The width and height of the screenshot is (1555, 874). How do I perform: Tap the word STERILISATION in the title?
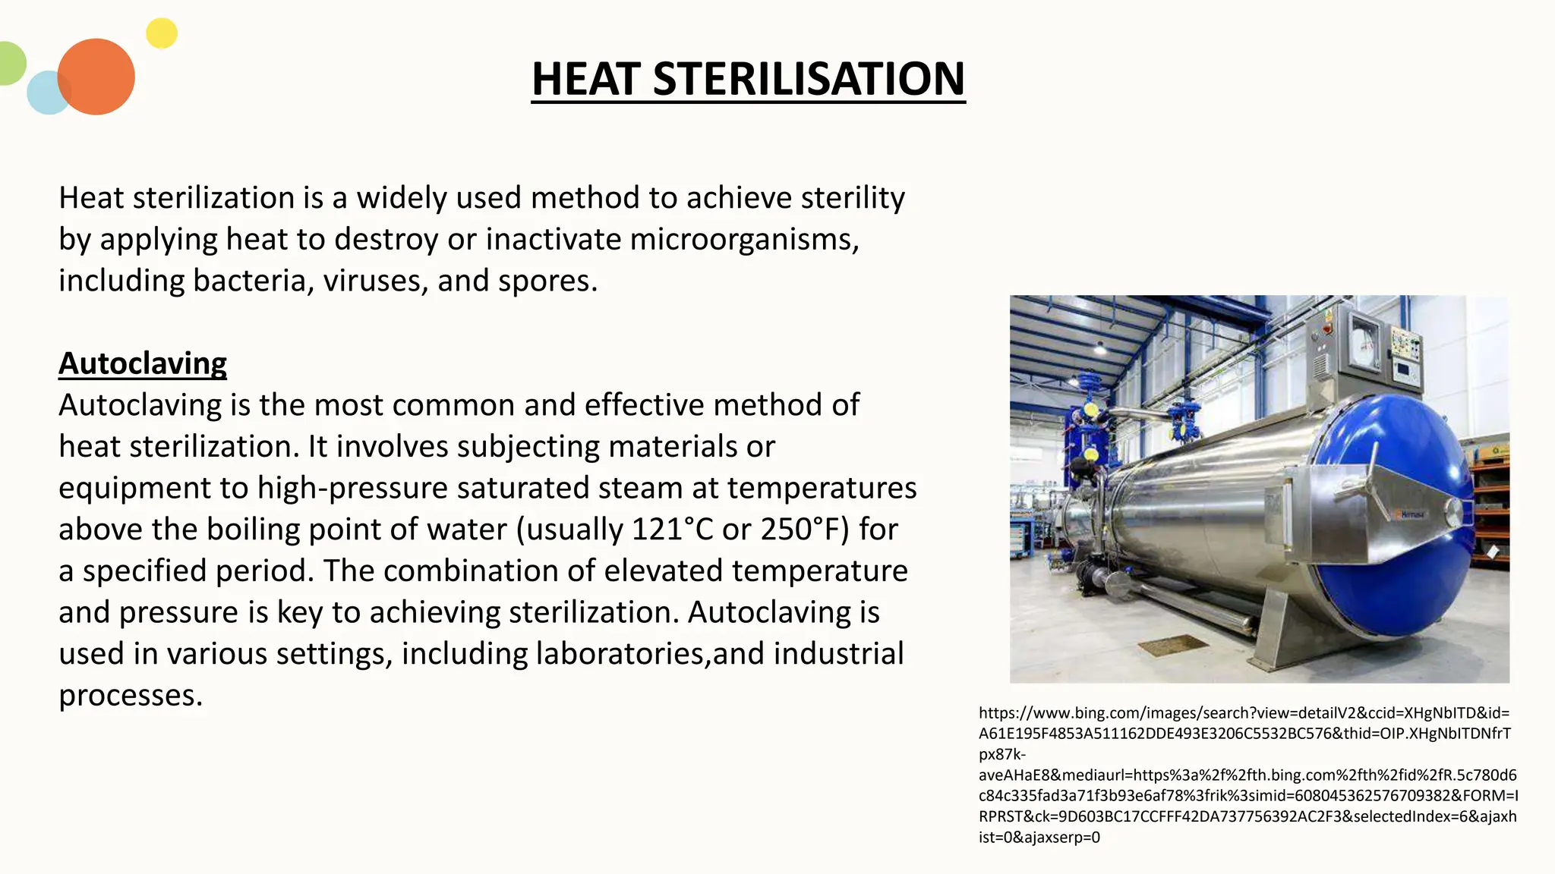point(809,79)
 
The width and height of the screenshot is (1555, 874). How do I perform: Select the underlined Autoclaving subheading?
point(143,363)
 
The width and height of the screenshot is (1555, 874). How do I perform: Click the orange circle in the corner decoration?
point(96,77)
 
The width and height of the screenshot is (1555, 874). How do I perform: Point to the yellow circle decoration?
point(162,33)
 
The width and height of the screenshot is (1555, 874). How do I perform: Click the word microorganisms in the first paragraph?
point(744,240)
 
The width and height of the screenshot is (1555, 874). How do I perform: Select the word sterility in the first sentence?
point(853,198)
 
